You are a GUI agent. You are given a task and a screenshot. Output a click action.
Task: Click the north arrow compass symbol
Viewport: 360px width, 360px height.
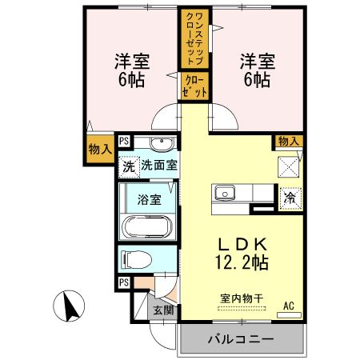pyautogui.click(x=69, y=306)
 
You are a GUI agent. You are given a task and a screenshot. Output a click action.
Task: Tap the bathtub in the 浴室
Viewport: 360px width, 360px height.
pyautogui.click(x=147, y=226)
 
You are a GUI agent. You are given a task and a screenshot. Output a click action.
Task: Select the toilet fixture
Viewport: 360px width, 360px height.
pyautogui.click(x=136, y=259)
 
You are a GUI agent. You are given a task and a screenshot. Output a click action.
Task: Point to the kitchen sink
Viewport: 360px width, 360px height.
pyautogui.click(x=225, y=193)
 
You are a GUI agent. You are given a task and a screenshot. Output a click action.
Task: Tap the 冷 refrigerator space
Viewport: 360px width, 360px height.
pyautogui.click(x=290, y=198)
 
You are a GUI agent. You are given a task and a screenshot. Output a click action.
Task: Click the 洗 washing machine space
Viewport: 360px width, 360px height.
pyautogui.click(x=129, y=167)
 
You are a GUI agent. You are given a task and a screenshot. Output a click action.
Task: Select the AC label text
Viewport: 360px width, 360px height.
pyautogui.click(x=289, y=306)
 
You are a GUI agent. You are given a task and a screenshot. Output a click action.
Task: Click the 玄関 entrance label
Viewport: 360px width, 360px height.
pyautogui.click(x=163, y=310)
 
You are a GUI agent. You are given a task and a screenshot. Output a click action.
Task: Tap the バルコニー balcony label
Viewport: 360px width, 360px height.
pyautogui.click(x=241, y=339)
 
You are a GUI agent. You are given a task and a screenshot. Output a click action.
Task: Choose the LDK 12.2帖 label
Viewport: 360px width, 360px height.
pyautogui.click(x=242, y=254)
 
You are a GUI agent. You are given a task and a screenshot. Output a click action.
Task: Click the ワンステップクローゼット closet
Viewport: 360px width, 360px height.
pyautogui.click(x=194, y=38)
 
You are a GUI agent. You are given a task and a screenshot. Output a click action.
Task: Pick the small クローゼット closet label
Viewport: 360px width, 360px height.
pyautogui.click(x=194, y=86)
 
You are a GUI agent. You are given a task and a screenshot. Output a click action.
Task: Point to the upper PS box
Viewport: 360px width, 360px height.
pyautogui.click(x=124, y=141)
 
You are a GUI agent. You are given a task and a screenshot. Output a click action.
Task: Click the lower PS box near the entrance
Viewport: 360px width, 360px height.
pyautogui.click(x=124, y=282)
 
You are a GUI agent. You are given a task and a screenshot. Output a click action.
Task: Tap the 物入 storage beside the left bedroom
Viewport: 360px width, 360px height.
pyautogui.click(x=100, y=149)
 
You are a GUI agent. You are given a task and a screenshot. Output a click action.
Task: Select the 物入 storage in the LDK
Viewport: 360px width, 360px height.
pyautogui.click(x=288, y=141)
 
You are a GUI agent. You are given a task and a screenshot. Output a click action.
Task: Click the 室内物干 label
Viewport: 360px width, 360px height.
pyautogui.click(x=242, y=298)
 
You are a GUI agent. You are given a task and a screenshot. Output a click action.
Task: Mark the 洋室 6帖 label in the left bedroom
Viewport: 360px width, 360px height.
pyautogui.click(x=132, y=70)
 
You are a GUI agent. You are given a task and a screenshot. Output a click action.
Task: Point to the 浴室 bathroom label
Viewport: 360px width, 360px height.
pyautogui.click(x=150, y=199)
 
